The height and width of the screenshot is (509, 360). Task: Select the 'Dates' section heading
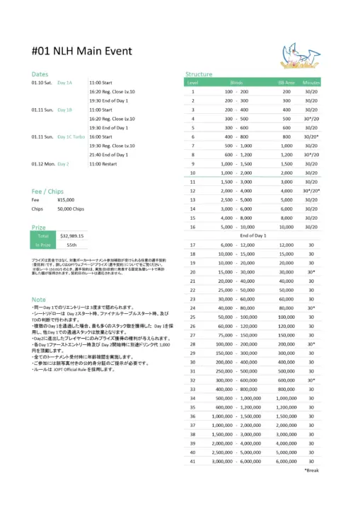[x=40, y=74]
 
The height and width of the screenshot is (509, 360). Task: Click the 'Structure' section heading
[x=198, y=74]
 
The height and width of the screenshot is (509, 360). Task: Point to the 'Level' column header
[x=192, y=83]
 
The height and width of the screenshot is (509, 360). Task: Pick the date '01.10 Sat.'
[x=42, y=83]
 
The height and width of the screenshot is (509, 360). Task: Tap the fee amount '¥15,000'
[x=66, y=200]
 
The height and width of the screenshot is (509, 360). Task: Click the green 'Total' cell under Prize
[x=42, y=235]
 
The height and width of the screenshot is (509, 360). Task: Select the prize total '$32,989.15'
[x=72, y=235]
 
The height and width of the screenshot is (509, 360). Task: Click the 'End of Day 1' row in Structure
[x=252, y=235]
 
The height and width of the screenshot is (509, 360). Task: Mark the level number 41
[x=192, y=460]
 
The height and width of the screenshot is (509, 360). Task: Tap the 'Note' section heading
[x=39, y=300]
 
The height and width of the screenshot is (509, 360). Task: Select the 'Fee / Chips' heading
[x=48, y=191]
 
